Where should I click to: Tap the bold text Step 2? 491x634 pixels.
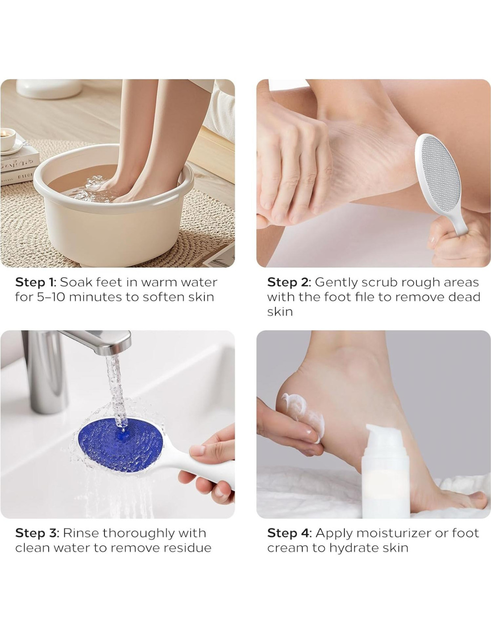tap(289, 282)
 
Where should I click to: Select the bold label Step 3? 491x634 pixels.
tap(37, 533)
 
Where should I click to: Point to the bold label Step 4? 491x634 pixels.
tap(289, 533)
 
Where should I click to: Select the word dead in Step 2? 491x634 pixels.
tap(466, 297)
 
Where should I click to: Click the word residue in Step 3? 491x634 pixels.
tap(187, 548)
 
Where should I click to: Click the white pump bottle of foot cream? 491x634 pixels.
tap(385, 469)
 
